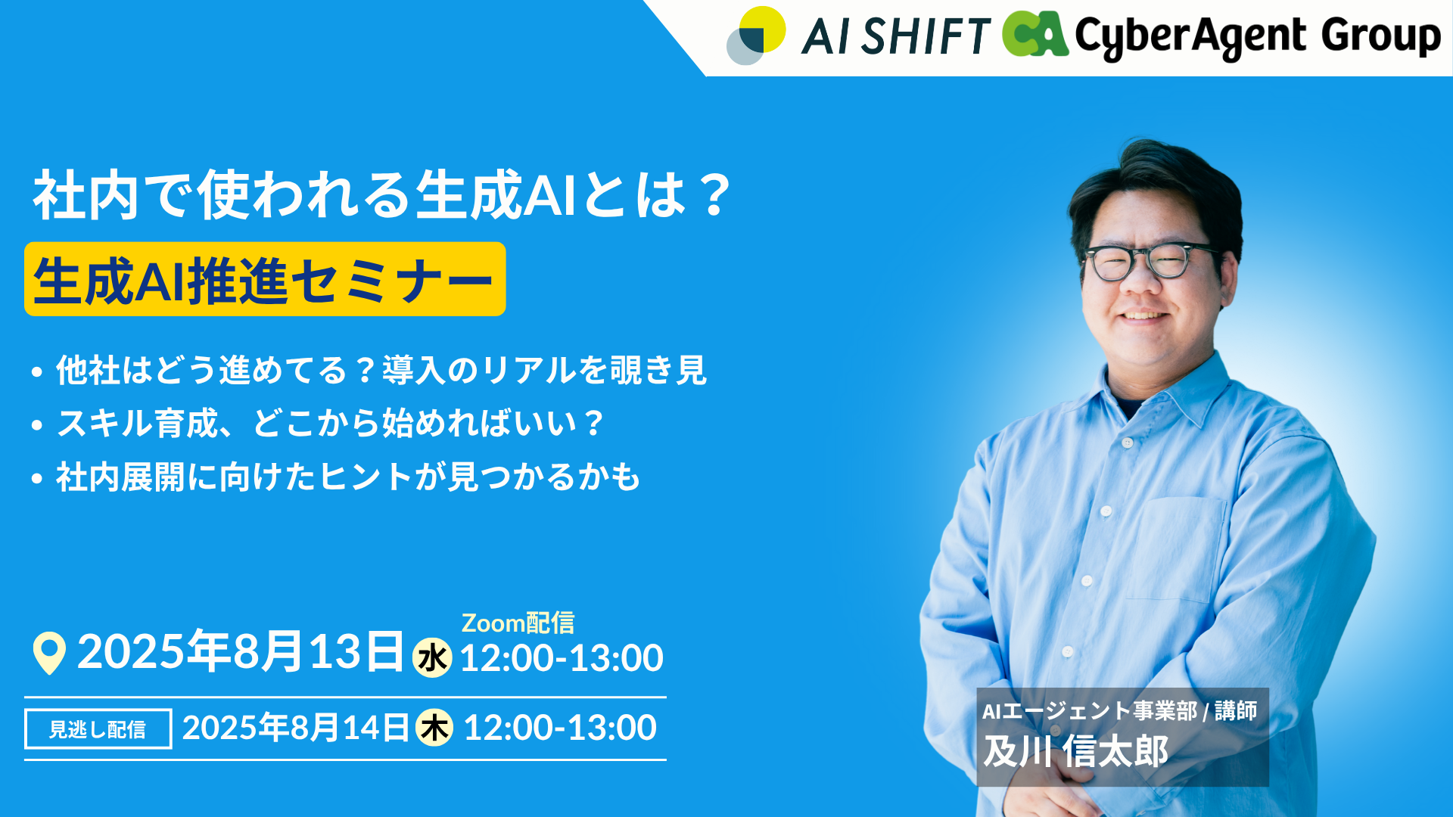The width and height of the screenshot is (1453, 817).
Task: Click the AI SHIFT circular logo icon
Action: (756, 36)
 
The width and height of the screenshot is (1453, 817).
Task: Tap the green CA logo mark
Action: (1035, 34)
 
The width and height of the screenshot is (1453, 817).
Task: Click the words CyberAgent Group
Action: (1258, 36)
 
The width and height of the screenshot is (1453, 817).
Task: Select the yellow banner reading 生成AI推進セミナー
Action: (265, 279)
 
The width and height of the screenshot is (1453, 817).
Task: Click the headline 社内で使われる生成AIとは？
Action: (382, 194)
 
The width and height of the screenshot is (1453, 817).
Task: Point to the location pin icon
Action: (49, 653)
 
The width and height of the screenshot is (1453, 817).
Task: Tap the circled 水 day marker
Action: (432, 657)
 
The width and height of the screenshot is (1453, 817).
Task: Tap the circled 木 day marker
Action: (434, 728)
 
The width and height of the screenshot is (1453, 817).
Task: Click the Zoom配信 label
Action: (518, 623)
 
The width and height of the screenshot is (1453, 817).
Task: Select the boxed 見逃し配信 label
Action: (98, 728)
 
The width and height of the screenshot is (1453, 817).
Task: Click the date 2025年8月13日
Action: (241, 651)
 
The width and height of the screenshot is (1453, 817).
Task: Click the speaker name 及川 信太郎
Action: (1075, 752)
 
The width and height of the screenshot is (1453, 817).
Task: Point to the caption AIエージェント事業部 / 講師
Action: (1119, 711)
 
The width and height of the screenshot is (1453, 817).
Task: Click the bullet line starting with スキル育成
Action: (318, 423)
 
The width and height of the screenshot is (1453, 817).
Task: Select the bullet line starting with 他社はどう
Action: (369, 370)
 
